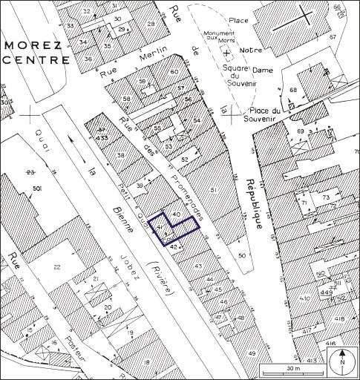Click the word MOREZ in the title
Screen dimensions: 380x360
click(30, 45)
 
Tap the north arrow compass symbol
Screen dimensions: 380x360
click(341, 363)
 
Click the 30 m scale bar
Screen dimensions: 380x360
click(292, 368)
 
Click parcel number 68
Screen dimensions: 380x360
click(292, 91)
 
